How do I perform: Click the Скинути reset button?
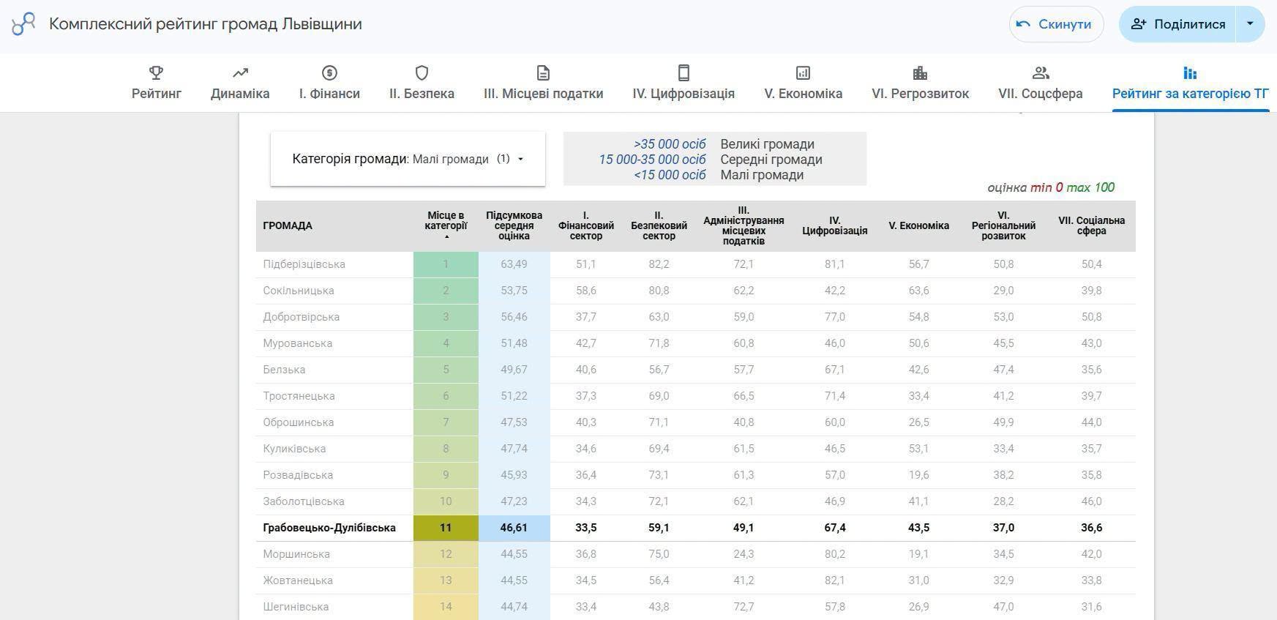click(1056, 24)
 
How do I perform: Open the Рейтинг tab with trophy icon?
click(157, 83)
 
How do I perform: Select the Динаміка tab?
click(240, 83)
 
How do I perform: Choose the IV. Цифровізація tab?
click(684, 83)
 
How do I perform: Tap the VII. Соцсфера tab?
click(1040, 83)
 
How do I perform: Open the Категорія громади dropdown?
click(408, 159)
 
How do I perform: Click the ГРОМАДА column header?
click(288, 225)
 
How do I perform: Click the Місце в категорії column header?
click(446, 220)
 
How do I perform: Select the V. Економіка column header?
click(918, 225)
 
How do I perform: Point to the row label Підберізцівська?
click(304, 264)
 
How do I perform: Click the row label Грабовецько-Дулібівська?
click(329, 528)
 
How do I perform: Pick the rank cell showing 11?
click(446, 528)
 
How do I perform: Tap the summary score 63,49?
click(514, 264)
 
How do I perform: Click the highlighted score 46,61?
click(514, 528)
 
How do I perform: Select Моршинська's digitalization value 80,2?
click(834, 554)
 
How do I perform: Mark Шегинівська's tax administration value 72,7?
click(744, 607)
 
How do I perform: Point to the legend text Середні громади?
click(771, 160)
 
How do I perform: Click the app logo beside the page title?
click(23, 24)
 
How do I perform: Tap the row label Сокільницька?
click(299, 291)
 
